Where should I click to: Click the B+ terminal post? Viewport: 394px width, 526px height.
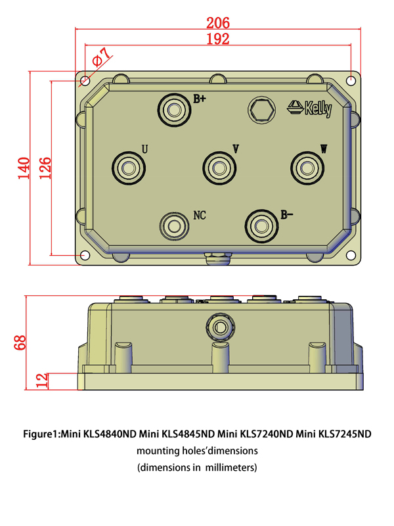coord(175,109)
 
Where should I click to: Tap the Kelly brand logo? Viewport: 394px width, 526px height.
coord(311,107)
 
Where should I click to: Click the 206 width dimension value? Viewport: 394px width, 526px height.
coord(217,23)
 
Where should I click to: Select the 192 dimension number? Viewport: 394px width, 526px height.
coord(217,39)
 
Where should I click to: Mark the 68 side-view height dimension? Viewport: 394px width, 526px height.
coord(20,342)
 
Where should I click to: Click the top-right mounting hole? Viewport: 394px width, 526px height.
coord(352,81)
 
